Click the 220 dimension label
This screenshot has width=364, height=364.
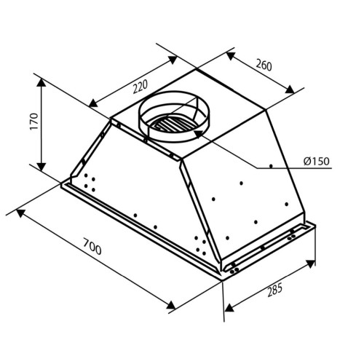[141, 87]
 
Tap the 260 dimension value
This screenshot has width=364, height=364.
[264, 66]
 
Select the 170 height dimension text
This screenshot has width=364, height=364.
[34, 122]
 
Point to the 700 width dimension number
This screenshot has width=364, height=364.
[92, 247]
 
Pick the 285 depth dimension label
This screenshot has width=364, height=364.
[275, 290]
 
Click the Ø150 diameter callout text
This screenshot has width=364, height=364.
[317, 161]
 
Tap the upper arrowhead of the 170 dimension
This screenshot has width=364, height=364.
[41, 82]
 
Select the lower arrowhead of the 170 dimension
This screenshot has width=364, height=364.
[41, 166]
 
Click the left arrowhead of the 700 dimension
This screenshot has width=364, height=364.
[20, 213]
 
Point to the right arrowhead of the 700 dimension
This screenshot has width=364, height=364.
[171, 305]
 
